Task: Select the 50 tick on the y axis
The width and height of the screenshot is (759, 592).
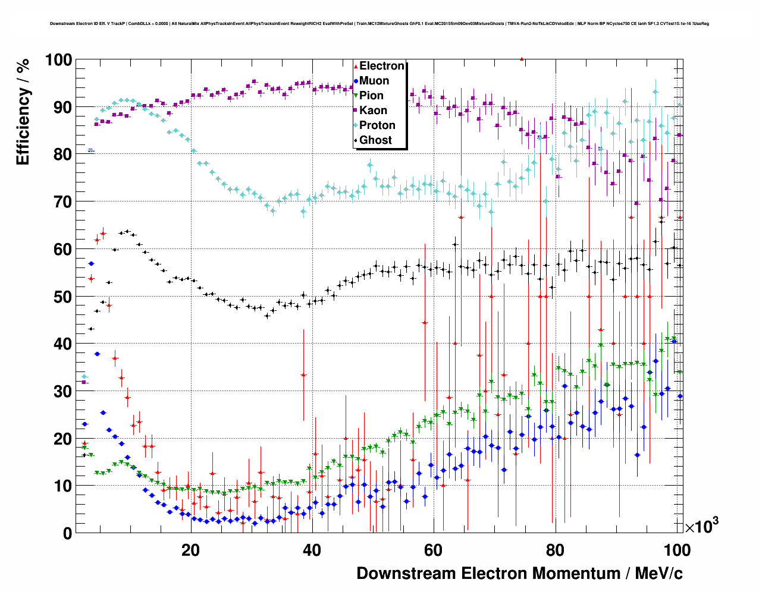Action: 63,297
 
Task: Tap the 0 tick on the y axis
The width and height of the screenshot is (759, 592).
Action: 68,533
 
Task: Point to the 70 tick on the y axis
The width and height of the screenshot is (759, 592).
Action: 63,202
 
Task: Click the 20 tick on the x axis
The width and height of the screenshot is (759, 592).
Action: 190,550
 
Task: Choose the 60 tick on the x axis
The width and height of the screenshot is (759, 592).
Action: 434,550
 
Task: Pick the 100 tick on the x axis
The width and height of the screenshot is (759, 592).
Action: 676,550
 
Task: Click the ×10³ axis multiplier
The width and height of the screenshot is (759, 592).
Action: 701,526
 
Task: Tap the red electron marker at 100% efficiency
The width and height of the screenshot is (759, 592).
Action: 522,59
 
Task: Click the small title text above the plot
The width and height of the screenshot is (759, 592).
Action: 379,24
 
